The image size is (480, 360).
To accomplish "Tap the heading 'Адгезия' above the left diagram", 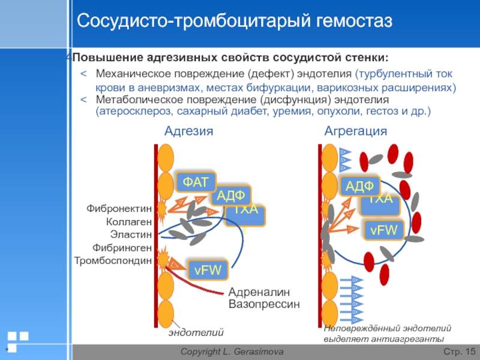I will point(189,131).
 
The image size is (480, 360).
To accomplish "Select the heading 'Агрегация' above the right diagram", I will point(356,131).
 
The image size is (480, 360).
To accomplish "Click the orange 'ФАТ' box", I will point(196,181).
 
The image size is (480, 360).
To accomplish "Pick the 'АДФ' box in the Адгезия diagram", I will point(230,195).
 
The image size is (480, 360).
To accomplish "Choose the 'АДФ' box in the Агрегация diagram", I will point(359,186).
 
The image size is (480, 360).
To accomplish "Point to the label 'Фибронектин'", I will point(119,209).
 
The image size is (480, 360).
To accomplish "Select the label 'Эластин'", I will point(131,235).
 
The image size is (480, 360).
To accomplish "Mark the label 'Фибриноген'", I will point(122,247).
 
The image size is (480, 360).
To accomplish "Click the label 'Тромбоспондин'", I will point(112,260).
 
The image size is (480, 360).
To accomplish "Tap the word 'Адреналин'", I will point(259,292).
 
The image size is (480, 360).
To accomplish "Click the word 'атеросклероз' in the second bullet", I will point(130,112).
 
